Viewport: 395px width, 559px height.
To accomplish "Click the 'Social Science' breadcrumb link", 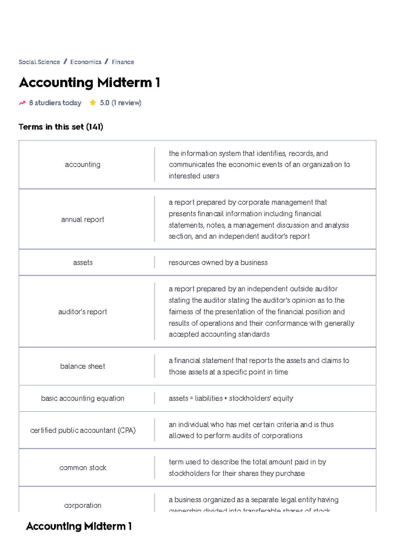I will pos(39,62).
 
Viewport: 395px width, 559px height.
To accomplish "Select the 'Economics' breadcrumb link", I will pos(86,62).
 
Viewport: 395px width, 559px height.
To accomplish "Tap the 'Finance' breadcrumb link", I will pos(123,62).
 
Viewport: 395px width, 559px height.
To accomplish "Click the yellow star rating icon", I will pos(93,103).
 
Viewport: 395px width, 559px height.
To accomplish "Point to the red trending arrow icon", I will pos(22,103).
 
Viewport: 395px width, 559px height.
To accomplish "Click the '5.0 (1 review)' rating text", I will pos(120,103).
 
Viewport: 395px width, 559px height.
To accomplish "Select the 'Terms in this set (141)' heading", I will pos(61,127).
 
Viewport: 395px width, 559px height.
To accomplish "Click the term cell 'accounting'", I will pos(83,165).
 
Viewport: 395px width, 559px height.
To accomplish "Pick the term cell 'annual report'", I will pos(83,219).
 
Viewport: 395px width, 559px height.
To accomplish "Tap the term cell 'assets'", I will pos(83,262).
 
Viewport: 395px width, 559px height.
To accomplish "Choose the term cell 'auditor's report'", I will pos(83,311).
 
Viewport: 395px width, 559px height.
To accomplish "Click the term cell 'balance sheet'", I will pos(83,366).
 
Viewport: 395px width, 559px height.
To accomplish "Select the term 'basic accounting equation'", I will pos(83,398).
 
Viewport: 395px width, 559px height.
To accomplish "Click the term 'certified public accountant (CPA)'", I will pos(83,430).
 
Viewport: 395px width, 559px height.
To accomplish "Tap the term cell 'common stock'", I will pos(83,467).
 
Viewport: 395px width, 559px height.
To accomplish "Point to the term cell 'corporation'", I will pos(83,505).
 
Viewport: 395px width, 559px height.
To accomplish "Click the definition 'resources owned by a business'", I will pos(218,262).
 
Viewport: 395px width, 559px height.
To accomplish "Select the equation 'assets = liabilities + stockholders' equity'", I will pos(231,398).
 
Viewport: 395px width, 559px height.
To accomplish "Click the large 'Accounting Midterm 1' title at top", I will pos(89,82).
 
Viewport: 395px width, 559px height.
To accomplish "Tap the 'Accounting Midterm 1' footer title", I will pos(79,526).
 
